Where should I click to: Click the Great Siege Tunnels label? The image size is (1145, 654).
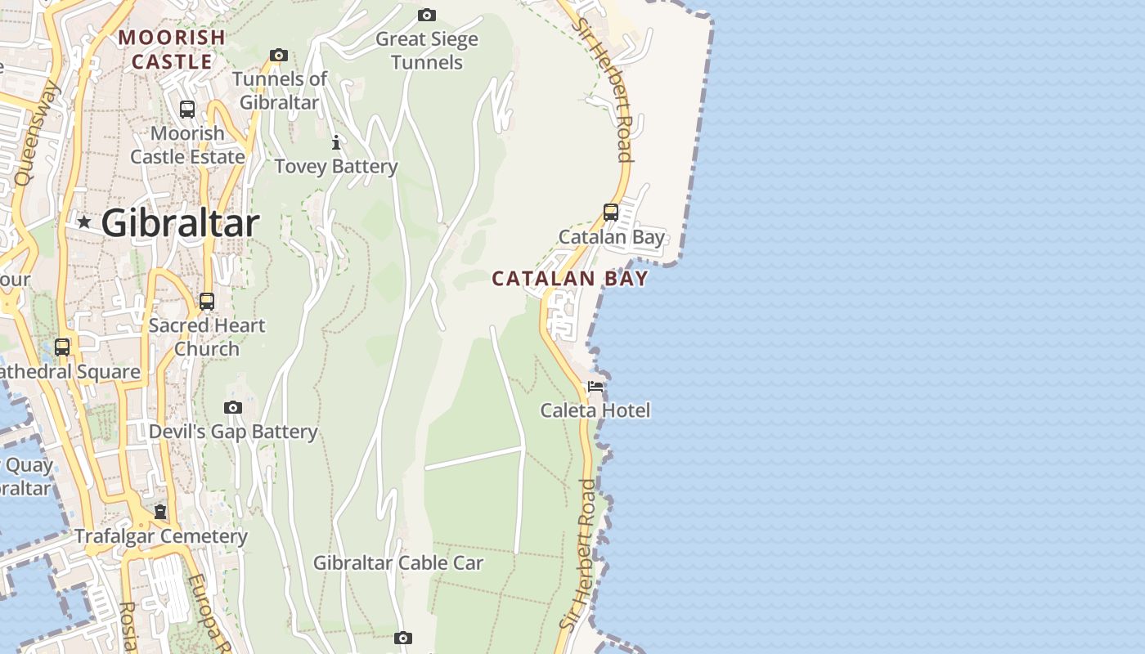[426, 51]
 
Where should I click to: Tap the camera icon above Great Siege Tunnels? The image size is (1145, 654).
[426, 15]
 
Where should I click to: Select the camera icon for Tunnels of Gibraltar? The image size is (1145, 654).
[279, 56]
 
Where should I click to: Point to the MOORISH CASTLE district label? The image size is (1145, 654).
[172, 49]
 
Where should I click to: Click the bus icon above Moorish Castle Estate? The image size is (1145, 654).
[187, 109]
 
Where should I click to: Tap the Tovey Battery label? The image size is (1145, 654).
[335, 167]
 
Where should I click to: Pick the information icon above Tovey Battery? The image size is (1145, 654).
[336, 142]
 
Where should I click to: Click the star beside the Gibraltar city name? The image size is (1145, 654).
[83, 222]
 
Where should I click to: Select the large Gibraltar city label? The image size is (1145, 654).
[181, 223]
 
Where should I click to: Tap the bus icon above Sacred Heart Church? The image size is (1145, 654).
[207, 301]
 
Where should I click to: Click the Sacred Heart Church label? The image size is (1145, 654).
[207, 337]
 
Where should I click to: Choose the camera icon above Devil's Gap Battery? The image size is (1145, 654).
[233, 407]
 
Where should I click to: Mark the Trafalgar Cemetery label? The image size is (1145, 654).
[161, 536]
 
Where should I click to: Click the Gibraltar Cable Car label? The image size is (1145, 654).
[398, 562]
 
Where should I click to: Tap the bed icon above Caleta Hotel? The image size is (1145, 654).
[595, 386]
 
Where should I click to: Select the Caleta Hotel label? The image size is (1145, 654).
[595, 410]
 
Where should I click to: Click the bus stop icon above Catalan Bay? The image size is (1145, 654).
[611, 212]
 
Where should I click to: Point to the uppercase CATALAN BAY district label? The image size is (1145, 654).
[569, 279]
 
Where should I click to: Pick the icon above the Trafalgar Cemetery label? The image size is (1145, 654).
[160, 512]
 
